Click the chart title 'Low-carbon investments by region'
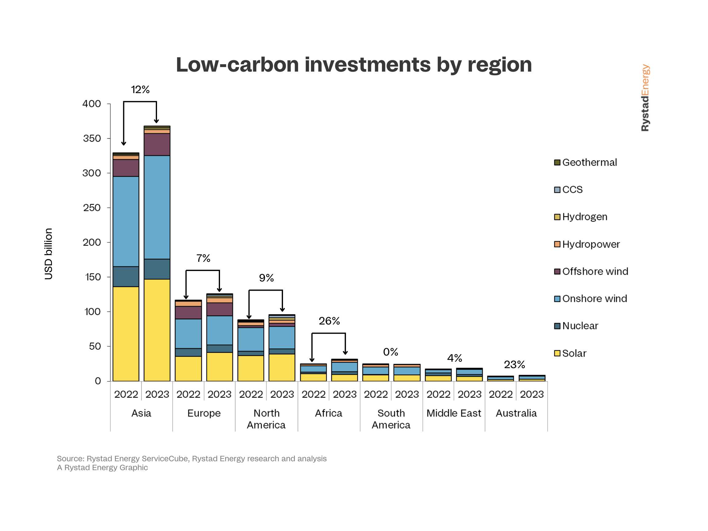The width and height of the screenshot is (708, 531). pos(354,65)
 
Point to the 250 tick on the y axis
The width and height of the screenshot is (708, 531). pos(92,208)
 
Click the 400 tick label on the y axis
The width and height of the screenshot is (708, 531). pos(92,104)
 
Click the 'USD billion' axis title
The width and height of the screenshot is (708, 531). pos(48,254)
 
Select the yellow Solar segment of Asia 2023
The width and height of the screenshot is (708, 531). pos(157,330)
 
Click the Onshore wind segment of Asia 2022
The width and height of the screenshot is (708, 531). pos(126,222)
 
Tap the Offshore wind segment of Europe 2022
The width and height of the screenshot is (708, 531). pos(188,313)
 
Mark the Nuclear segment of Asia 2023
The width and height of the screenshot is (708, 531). pos(157,269)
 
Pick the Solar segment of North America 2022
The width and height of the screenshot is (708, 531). pos(251,368)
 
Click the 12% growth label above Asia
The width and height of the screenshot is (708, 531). pos(140,90)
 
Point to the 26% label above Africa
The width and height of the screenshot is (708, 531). pos(329,321)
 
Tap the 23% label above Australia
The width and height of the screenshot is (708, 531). pos(514,364)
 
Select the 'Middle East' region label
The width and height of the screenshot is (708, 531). pos(454,413)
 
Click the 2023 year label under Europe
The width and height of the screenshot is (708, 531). pos(219,394)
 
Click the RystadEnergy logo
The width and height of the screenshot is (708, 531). pos(645,98)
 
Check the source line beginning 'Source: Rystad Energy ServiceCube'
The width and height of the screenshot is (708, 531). pos(192,458)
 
